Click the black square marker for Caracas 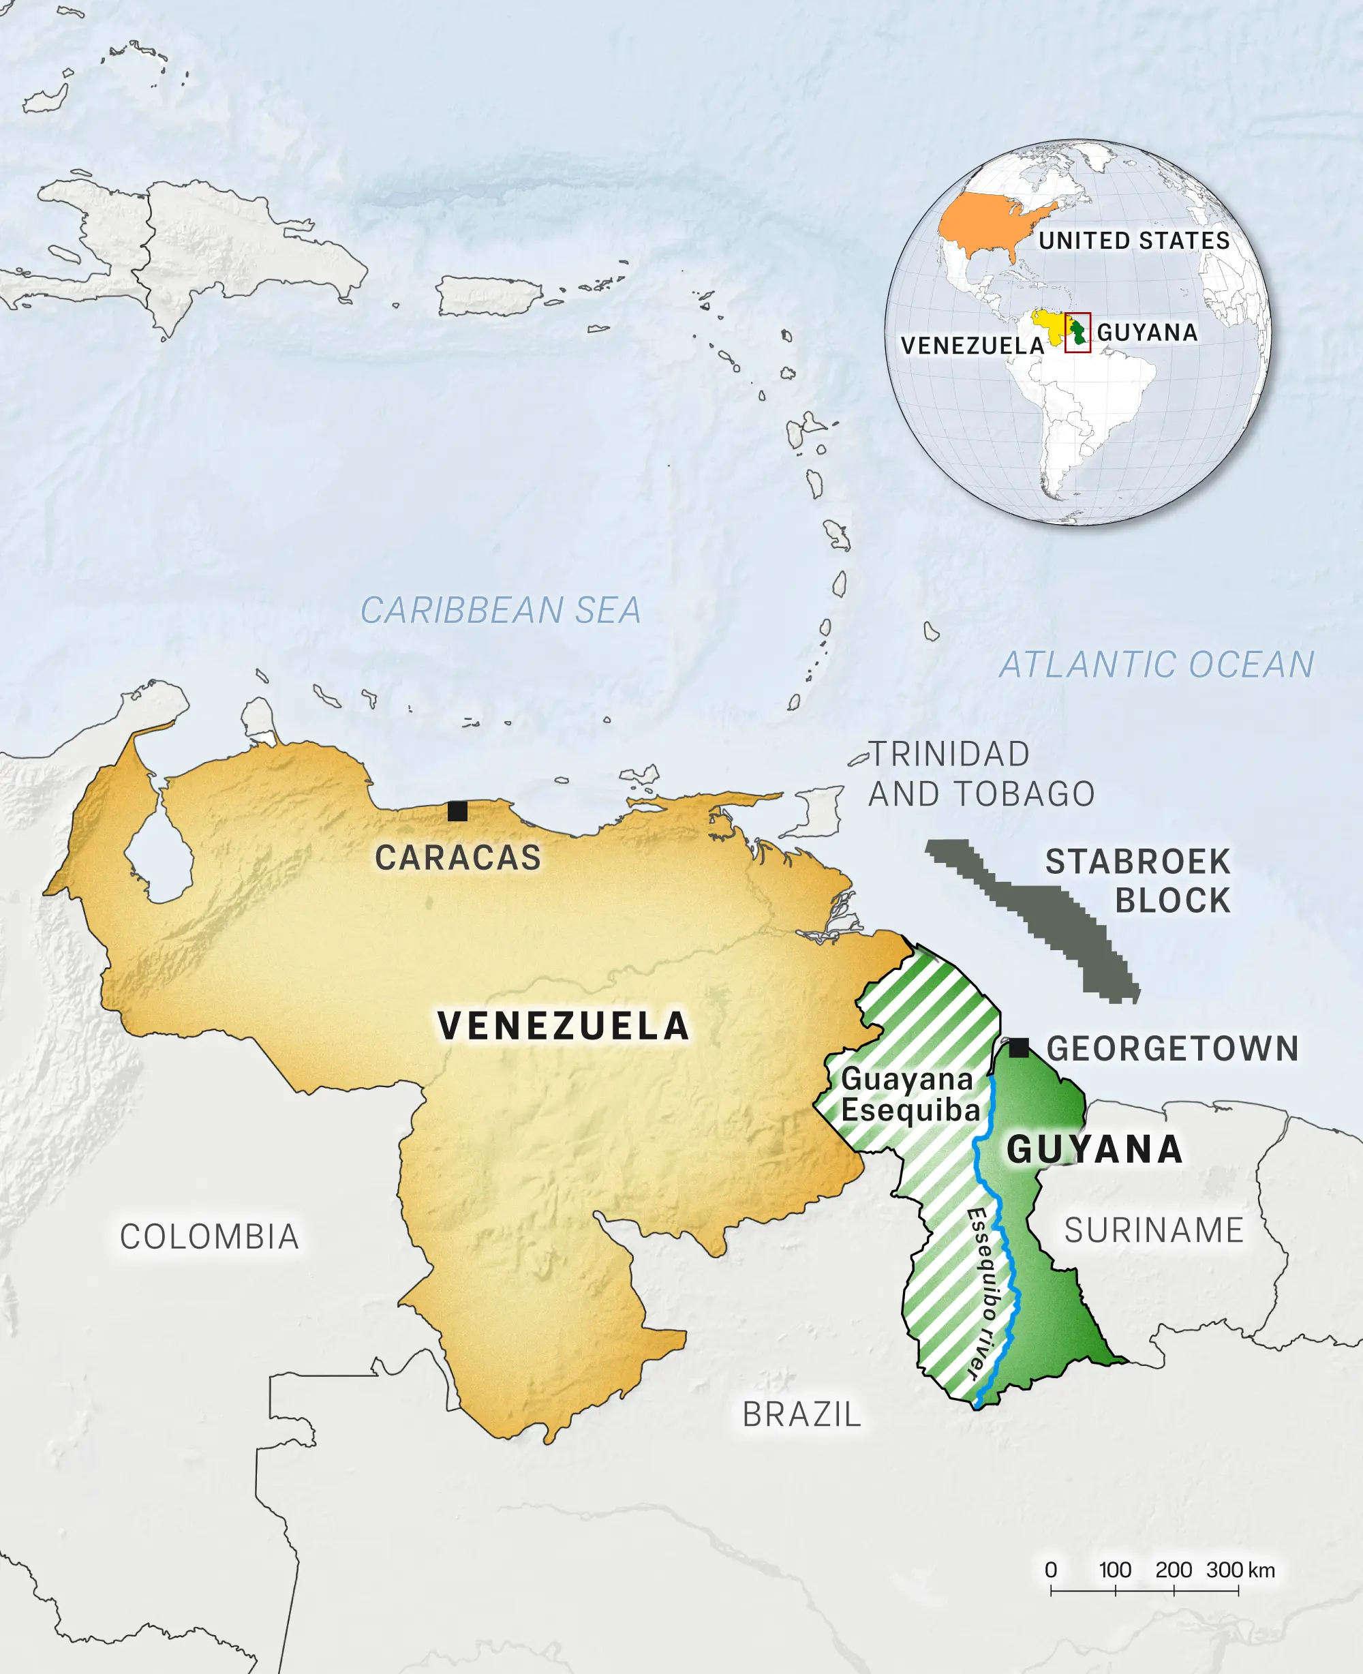pos(457,811)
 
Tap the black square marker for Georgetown pos(1018,1048)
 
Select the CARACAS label pos(458,857)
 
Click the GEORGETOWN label pos(1172,1049)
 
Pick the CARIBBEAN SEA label pos(500,611)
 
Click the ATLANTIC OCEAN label pos(1156,665)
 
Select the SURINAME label pos(1153,1230)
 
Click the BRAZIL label pos(801,1415)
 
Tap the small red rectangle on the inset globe pos(1077,333)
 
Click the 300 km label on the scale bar pos(1240,1570)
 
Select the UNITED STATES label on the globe pos(1134,241)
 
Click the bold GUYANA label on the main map pos(1094,1149)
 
